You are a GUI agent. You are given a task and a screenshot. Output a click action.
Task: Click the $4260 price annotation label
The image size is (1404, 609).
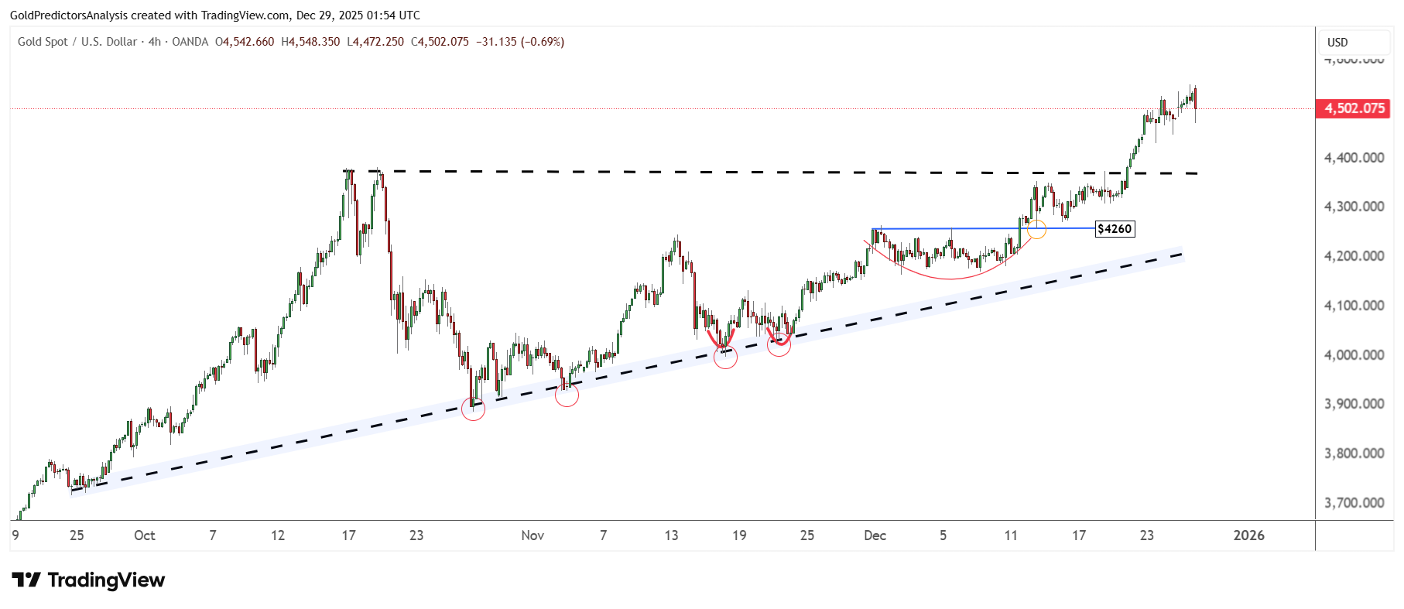point(1115,229)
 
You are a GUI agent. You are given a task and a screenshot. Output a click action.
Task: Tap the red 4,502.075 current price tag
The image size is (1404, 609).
point(1353,108)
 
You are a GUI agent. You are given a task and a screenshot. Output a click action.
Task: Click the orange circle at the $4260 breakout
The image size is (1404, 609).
point(1036,229)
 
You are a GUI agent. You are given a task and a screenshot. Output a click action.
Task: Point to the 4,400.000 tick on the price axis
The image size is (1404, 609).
point(1354,158)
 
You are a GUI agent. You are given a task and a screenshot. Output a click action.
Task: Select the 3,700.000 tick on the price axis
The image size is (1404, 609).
point(1354,503)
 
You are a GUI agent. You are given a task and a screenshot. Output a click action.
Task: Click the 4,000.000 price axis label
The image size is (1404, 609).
point(1354,355)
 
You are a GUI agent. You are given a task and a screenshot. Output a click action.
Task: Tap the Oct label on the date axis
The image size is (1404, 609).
point(145,535)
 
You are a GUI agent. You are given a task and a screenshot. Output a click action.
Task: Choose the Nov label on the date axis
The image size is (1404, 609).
point(532,535)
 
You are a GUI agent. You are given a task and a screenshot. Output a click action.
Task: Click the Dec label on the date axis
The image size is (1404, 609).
point(875,535)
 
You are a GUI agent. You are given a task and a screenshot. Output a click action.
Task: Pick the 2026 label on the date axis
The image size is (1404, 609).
point(1248,535)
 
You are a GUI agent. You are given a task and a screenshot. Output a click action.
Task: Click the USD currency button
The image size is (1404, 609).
point(1337,43)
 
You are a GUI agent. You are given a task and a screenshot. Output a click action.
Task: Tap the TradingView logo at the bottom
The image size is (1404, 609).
point(89,580)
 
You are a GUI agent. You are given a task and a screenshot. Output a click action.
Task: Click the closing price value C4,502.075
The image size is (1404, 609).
point(440,42)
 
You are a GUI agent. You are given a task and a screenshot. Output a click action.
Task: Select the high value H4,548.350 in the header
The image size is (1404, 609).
point(310,42)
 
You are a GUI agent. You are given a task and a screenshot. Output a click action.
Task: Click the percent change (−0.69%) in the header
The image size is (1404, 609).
point(542,42)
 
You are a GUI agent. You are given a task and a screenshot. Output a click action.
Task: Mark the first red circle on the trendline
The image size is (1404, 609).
point(473,409)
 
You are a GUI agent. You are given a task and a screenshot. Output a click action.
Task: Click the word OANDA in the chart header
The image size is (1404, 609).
point(190,42)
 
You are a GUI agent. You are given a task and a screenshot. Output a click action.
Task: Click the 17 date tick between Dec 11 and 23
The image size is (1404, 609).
point(1079,535)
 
